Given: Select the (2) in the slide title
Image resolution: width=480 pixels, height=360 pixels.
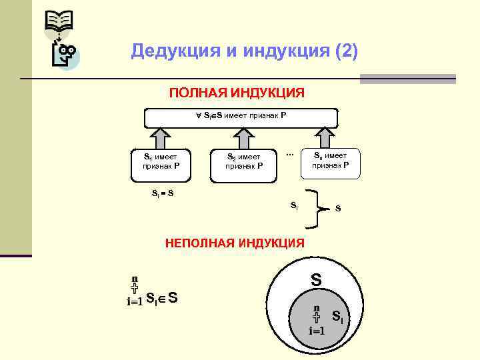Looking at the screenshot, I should pos(344,51).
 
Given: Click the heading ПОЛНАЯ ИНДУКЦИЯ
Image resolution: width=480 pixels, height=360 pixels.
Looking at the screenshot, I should pos(237,92).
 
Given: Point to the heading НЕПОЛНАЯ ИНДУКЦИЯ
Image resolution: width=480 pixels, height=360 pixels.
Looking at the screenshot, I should pos(235,244).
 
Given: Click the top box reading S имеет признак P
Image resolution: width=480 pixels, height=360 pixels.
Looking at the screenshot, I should pos(241,117).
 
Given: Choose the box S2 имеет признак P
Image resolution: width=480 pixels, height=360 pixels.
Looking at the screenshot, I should pos(244,161).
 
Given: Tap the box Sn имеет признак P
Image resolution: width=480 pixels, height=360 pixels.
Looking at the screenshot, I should pos(331,160).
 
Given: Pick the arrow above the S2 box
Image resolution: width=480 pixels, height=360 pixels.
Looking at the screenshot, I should pos(244,138).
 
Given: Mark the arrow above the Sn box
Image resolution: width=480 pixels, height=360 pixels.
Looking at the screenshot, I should pos(325,138).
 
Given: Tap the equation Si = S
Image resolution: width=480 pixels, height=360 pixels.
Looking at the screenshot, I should pos(163,194).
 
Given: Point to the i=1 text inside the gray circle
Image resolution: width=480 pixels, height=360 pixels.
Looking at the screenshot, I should pos(317,331).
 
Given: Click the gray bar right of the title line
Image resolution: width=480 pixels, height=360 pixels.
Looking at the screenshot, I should pos(407,79).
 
